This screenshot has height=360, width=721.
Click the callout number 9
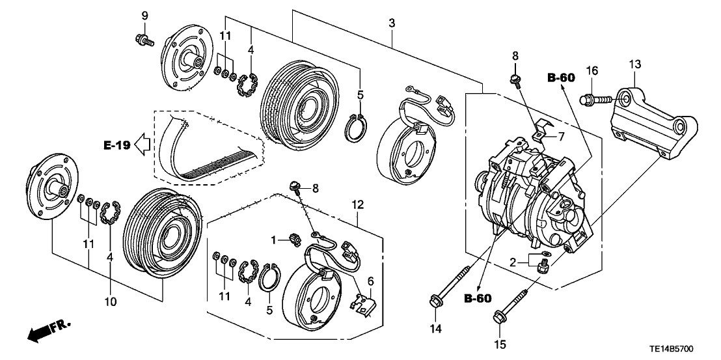[x=144, y=15]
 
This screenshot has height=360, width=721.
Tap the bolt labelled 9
[x=144, y=40]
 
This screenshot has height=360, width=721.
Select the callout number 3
[x=391, y=24]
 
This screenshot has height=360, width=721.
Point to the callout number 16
[x=592, y=70]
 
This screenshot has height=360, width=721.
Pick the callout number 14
[x=436, y=329]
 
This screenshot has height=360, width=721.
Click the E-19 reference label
[x=115, y=146]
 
